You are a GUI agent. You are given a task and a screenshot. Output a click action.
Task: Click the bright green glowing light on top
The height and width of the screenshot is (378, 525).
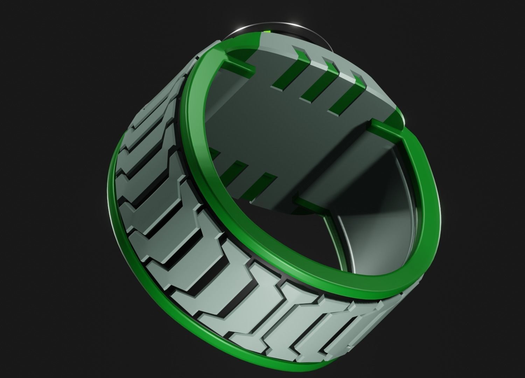point(268,31)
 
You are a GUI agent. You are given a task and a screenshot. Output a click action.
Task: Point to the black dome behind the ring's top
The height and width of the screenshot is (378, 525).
point(315,35)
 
